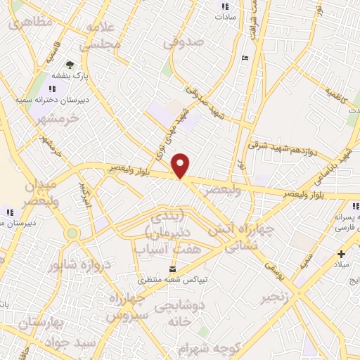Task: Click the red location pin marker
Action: pyautogui.click(x=181, y=165)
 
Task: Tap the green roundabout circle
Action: pyautogui.click(x=72, y=233)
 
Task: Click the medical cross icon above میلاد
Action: pyautogui.click(x=341, y=255)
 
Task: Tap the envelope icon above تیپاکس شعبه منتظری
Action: pyautogui.click(x=174, y=269)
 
